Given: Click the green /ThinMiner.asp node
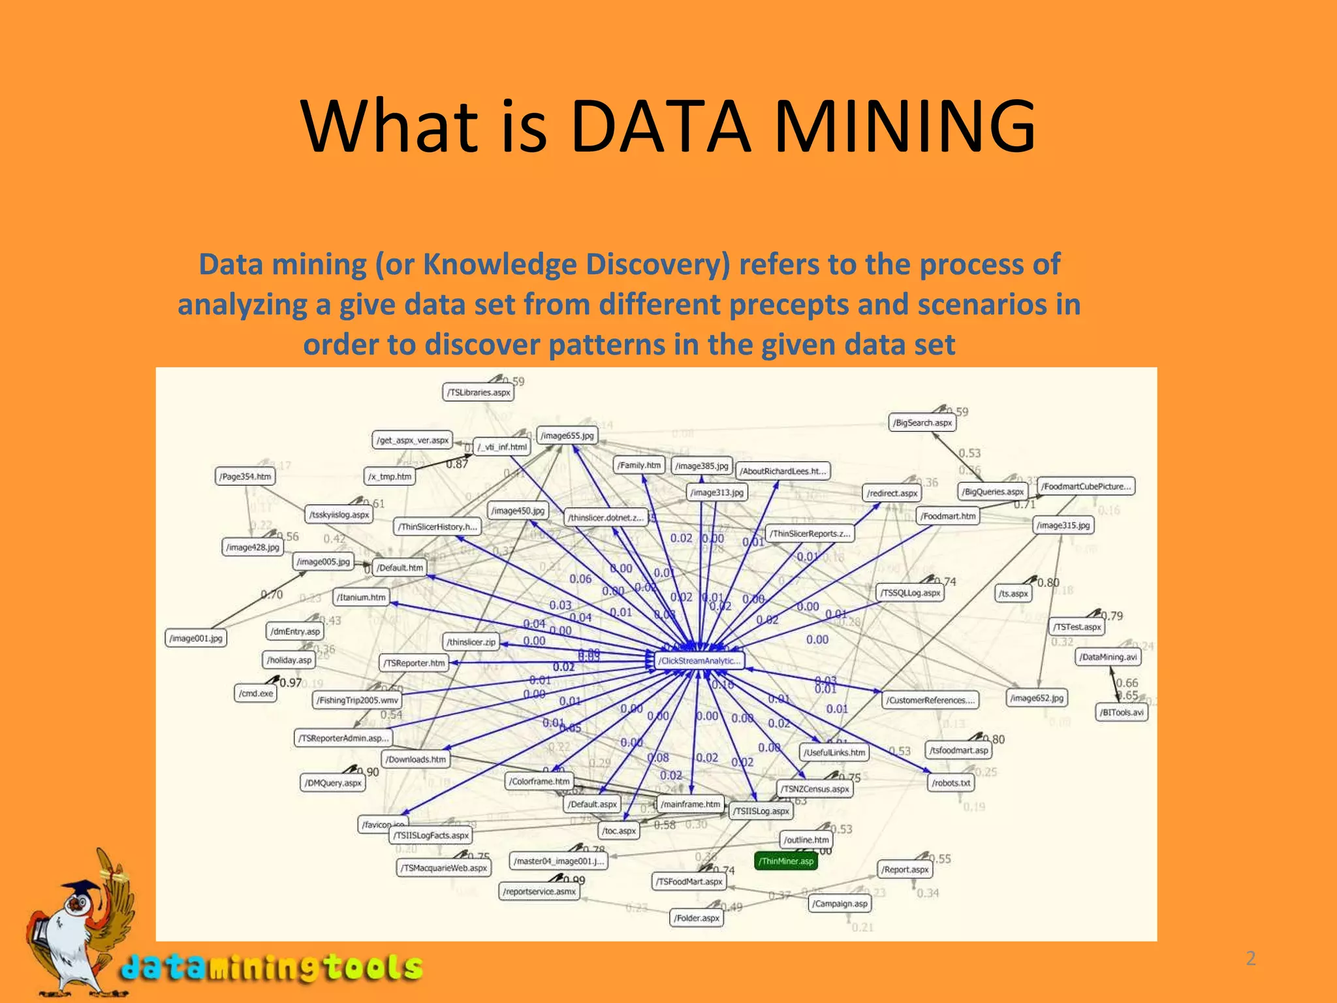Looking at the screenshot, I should (785, 861).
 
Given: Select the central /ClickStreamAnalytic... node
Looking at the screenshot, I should (699, 661).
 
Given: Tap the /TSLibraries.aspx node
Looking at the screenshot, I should (479, 392).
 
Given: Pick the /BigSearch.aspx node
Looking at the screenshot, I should (923, 423).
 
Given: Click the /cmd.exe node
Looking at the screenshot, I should (256, 693).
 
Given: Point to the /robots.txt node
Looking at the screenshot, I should (951, 782).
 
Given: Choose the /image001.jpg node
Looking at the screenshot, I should (196, 638).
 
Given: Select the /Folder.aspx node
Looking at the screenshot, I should (697, 918).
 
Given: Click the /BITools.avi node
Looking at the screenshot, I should (1121, 712).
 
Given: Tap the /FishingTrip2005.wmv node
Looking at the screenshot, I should (357, 700).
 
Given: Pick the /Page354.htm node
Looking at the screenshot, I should (245, 477).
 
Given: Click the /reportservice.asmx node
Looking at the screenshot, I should (539, 891).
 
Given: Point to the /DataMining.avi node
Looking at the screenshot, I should (1107, 657).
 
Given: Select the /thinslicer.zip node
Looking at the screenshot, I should (471, 642).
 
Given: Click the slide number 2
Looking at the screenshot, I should (1251, 959).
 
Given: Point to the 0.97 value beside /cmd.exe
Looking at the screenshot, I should (291, 682).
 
